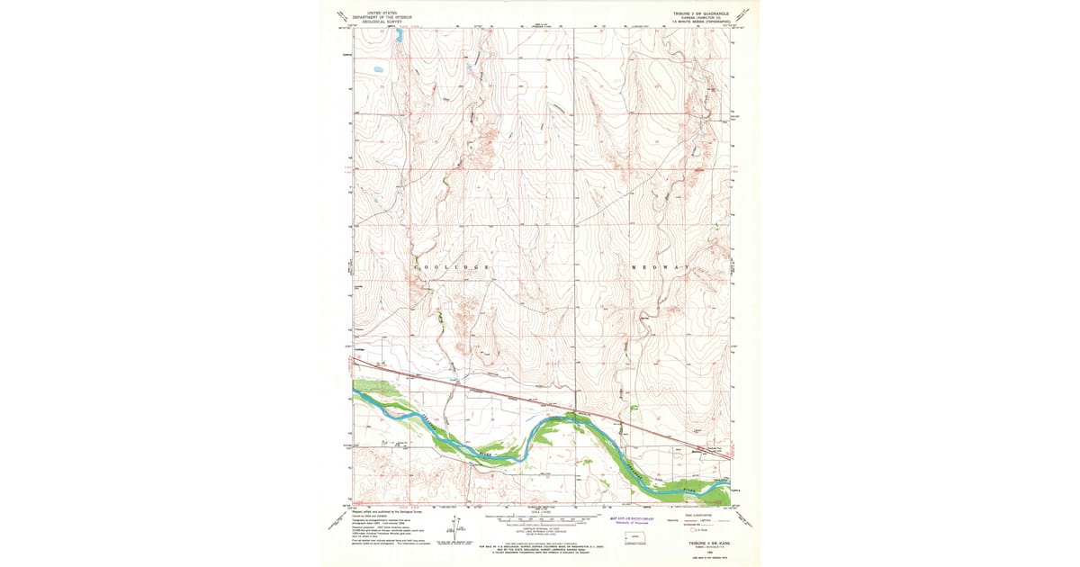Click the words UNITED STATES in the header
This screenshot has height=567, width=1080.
pos(376,13)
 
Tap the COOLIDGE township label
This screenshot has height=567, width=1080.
pos(452,268)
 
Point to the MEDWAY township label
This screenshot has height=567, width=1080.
pos(661,268)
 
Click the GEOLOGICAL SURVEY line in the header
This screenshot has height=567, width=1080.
pos(376,22)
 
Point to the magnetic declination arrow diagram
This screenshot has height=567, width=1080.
pos(455,531)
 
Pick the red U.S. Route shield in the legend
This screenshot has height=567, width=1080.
pos(693,531)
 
